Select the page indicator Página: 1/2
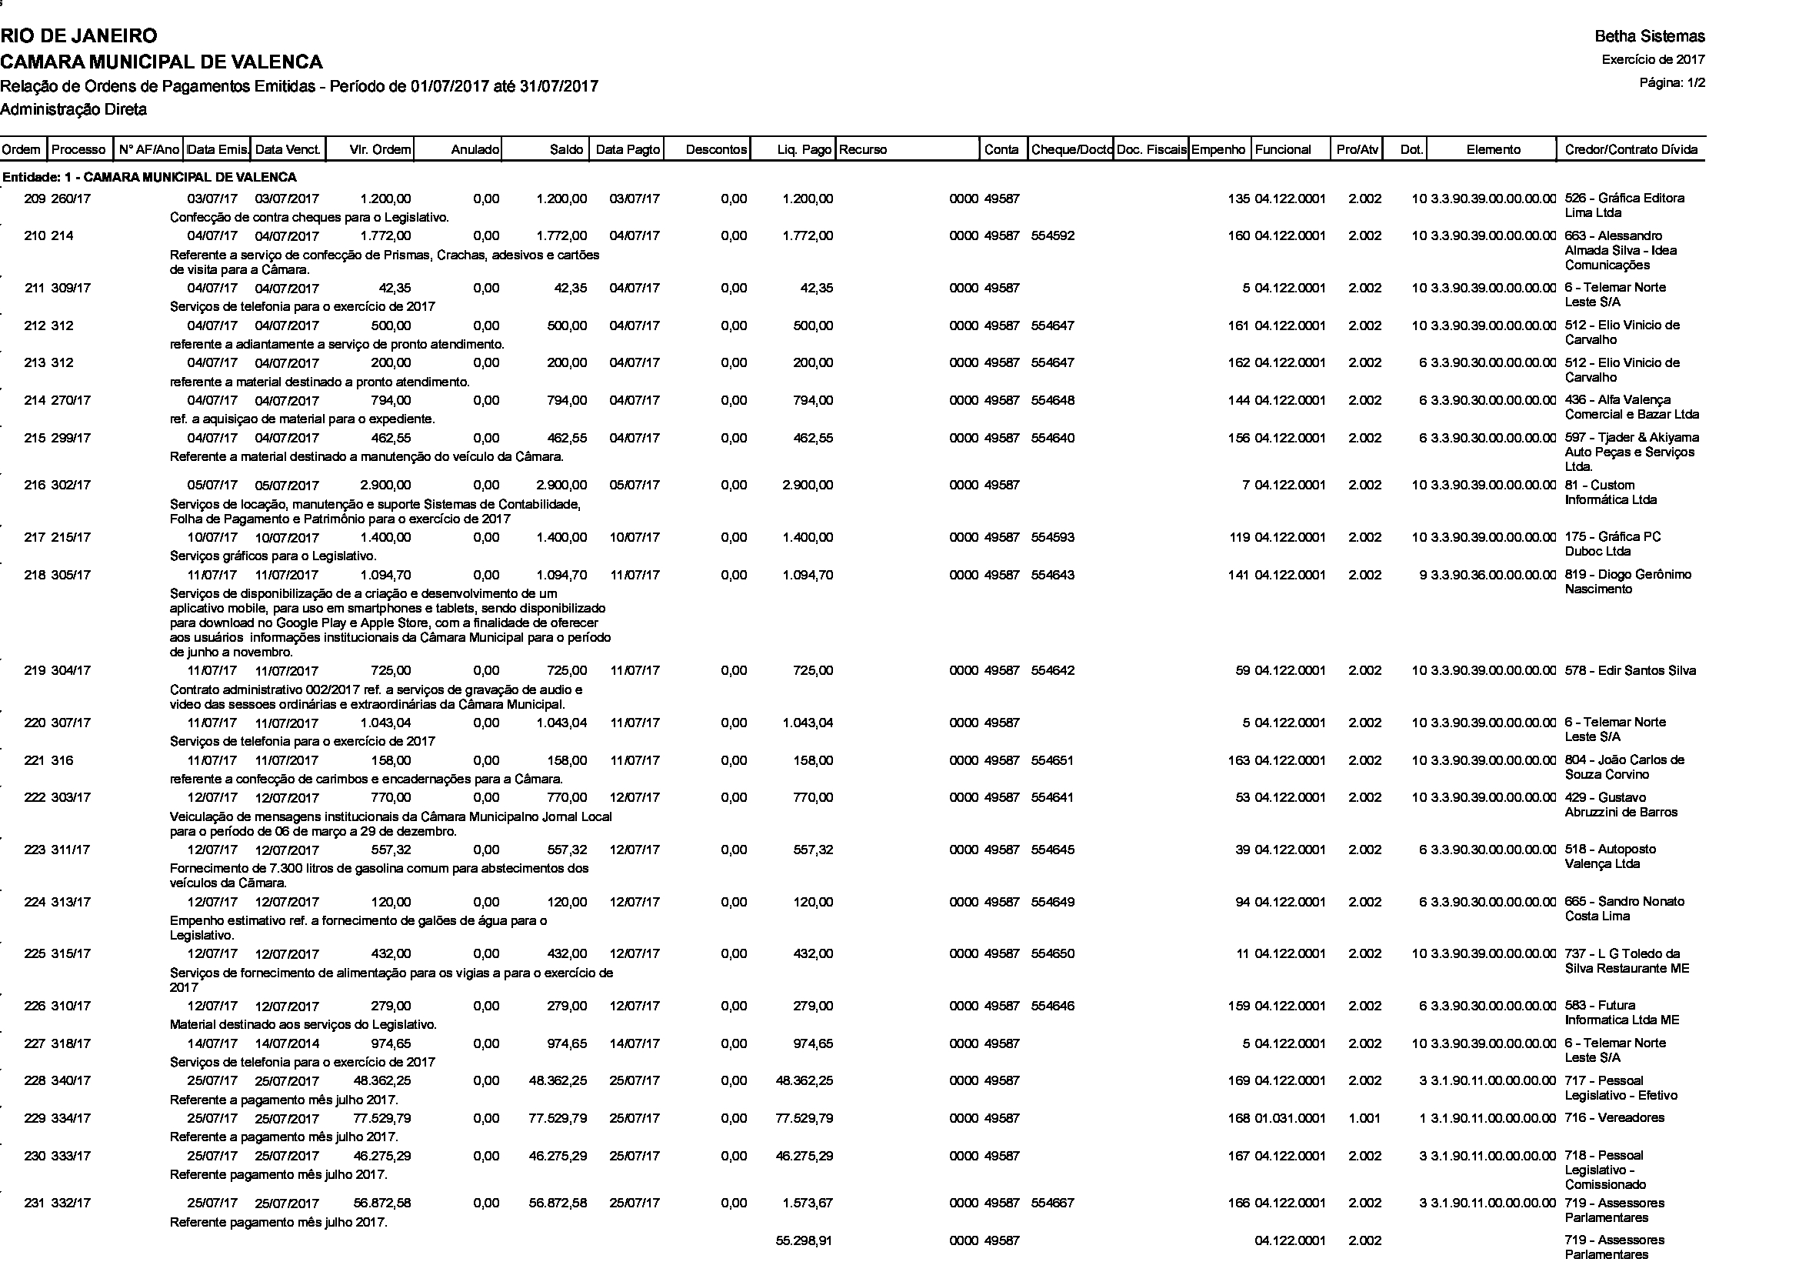click(1672, 82)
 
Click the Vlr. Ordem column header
click(379, 150)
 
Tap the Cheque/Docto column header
click(1071, 150)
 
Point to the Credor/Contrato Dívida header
click(1631, 150)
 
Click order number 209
click(35, 199)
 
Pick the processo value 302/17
click(71, 485)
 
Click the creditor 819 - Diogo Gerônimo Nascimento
click(1627, 582)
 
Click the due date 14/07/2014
click(287, 1044)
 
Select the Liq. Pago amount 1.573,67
click(807, 1203)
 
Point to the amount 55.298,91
click(804, 1240)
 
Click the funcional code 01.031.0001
click(1290, 1118)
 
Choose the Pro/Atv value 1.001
click(1364, 1118)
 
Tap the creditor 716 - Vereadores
click(1614, 1118)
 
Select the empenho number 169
click(1239, 1080)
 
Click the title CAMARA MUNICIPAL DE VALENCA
click(162, 61)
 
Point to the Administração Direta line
click(74, 110)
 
